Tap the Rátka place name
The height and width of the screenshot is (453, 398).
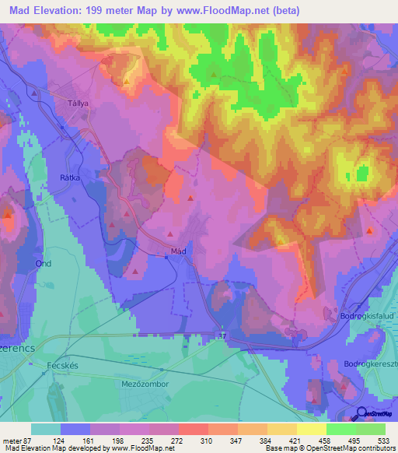tap(71, 177)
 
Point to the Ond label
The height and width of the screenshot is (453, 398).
tap(43, 264)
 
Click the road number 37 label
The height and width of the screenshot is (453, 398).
tap(221, 335)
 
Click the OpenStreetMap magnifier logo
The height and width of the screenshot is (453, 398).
tap(362, 413)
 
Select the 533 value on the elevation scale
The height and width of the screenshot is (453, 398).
tap(382, 440)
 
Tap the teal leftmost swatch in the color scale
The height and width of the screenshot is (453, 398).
tap(45, 429)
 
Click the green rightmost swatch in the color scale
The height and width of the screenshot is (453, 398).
tap(371, 429)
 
